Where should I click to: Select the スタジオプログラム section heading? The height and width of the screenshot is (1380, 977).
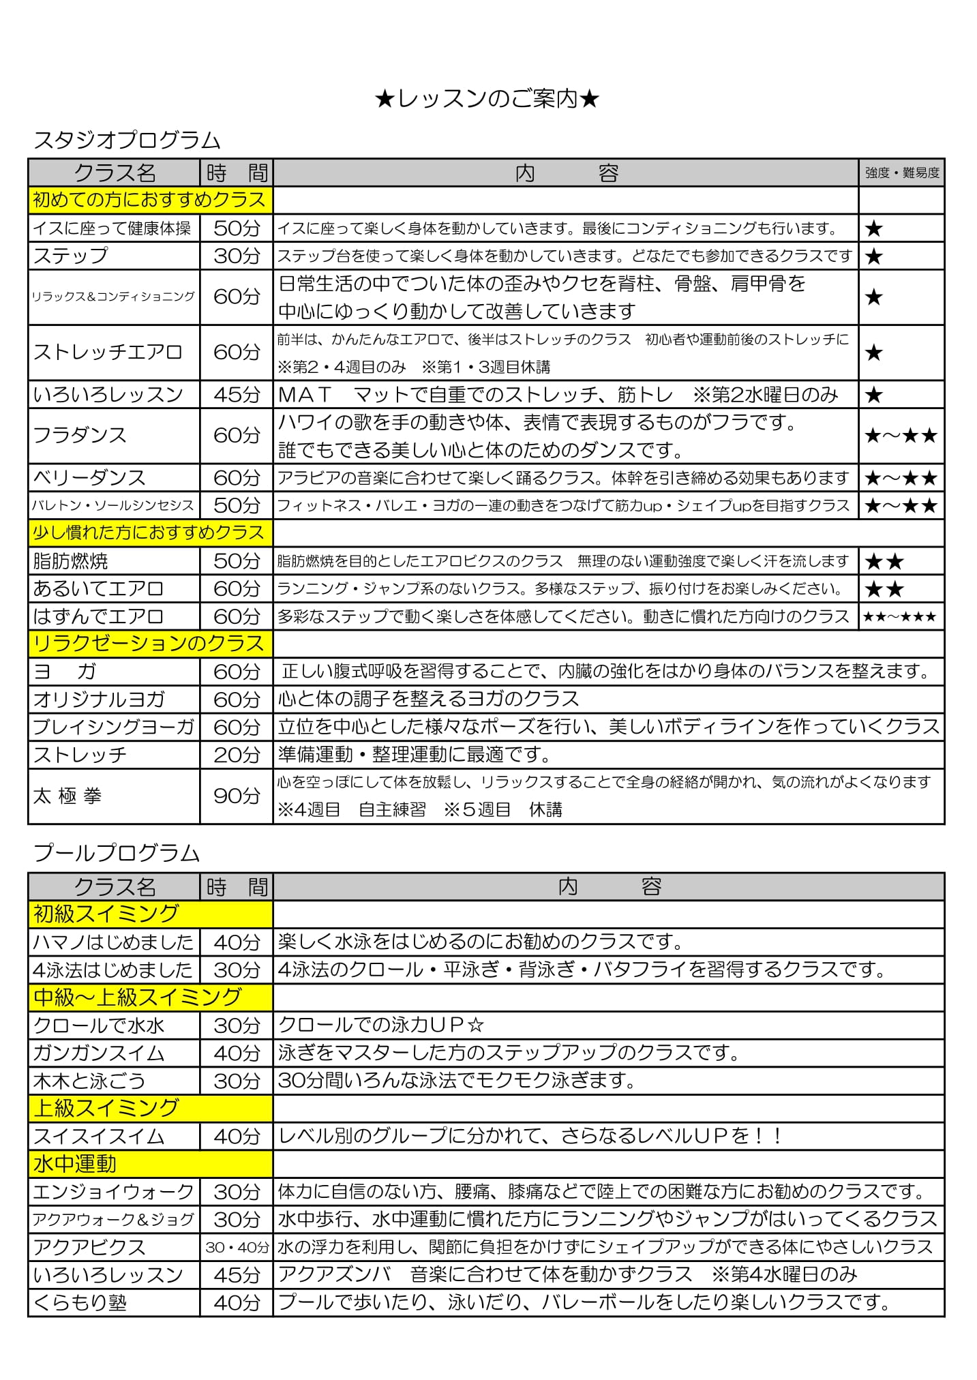tap(127, 140)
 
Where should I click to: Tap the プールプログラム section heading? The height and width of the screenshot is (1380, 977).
tap(116, 853)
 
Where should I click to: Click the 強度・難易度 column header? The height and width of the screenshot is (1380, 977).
tap(901, 173)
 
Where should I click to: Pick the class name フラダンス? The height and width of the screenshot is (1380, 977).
tap(80, 435)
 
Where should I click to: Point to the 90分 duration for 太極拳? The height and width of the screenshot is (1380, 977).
tap(237, 796)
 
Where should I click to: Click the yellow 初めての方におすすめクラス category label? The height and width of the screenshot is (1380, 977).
tap(149, 200)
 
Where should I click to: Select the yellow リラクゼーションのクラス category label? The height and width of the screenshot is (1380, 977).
tap(149, 644)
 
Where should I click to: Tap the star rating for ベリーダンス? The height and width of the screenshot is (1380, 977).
tap(900, 478)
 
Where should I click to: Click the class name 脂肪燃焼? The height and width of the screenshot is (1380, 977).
tap(71, 561)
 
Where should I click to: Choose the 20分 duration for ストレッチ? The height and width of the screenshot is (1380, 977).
tap(237, 755)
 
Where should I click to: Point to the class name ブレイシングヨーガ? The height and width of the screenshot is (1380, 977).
tap(113, 727)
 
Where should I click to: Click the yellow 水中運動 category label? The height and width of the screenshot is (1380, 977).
tap(75, 1164)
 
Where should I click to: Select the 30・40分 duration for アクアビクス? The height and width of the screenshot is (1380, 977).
tap(237, 1247)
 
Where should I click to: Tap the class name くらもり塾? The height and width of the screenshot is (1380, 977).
tap(80, 1303)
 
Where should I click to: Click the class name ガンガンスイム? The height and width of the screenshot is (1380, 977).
tap(99, 1053)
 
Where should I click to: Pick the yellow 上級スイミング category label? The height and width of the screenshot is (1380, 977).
tap(106, 1109)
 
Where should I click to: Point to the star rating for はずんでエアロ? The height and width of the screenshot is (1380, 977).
tap(900, 617)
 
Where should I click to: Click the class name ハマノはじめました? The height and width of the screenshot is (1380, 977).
tap(113, 942)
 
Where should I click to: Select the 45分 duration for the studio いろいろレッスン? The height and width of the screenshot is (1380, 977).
tap(237, 395)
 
